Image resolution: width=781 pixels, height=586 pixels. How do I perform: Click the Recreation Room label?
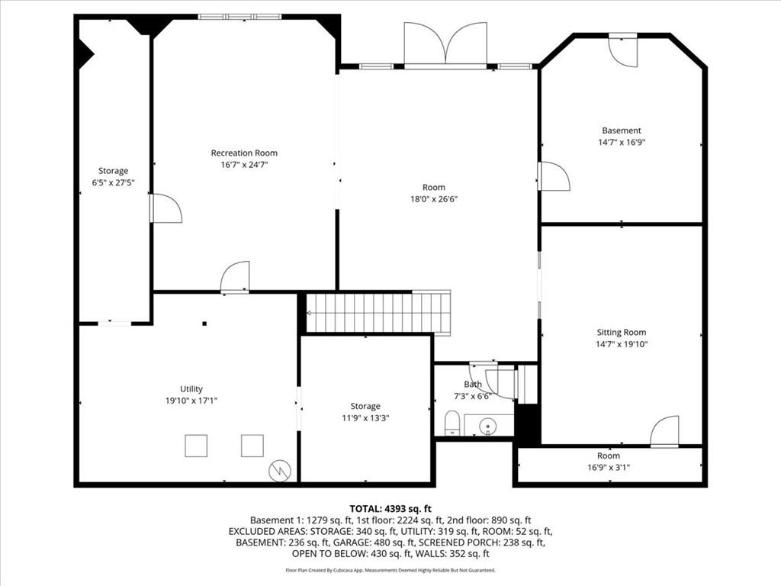coord(244,153)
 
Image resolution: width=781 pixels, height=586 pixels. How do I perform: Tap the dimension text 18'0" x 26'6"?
coord(434,199)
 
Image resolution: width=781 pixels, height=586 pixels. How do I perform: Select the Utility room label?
coord(191,389)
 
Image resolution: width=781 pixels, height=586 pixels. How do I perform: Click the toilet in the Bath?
coord(452,423)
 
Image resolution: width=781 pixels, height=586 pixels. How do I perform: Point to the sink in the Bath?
coord(489,425)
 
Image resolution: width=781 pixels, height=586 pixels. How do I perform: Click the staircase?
coord(378,313)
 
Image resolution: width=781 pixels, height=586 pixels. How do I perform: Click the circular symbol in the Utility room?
coord(280,472)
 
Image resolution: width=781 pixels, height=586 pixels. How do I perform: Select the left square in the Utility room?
coord(196,446)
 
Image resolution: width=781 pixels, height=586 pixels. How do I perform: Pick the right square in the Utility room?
coord(252,446)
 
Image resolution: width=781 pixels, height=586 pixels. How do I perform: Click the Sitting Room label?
coord(621,332)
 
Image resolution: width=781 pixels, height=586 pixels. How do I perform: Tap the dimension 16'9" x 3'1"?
coord(609,468)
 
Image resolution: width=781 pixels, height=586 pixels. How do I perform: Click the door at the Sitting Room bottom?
coord(665,431)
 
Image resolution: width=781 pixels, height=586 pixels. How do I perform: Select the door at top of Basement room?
coord(622,51)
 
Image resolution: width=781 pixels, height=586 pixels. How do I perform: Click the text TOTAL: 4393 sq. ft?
coord(390,508)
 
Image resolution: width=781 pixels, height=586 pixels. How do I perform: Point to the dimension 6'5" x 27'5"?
coord(113,182)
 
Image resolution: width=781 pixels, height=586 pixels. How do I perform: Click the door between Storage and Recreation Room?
coord(166,208)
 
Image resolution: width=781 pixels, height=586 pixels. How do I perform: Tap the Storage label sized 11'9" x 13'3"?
coord(365,406)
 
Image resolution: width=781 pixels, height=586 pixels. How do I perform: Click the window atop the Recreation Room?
coord(239,16)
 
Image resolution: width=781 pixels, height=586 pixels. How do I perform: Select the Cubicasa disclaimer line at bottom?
coord(390,570)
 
